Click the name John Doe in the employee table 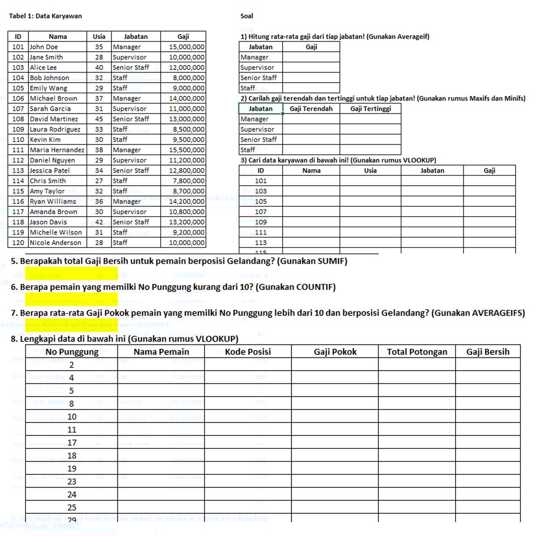click(x=44, y=47)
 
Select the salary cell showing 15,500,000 click(x=187, y=150)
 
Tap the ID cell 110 click(x=18, y=139)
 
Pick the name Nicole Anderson click(x=55, y=243)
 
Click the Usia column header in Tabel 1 click(x=99, y=37)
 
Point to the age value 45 click(x=99, y=119)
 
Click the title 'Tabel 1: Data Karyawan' click(x=46, y=16)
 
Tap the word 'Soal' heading click(x=247, y=16)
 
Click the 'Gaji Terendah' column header click(x=311, y=109)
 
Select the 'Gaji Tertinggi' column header click(x=370, y=109)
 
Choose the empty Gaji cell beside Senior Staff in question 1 click(x=311, y=78)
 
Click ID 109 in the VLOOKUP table click(x=261, y=222)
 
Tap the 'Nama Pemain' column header click(x=161, y=352)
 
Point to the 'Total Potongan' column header click(x=417, y=352)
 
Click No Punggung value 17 click(x=71, y=443)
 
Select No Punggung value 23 click(x=71, y=482)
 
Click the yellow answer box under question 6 click(x=71, y=299)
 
